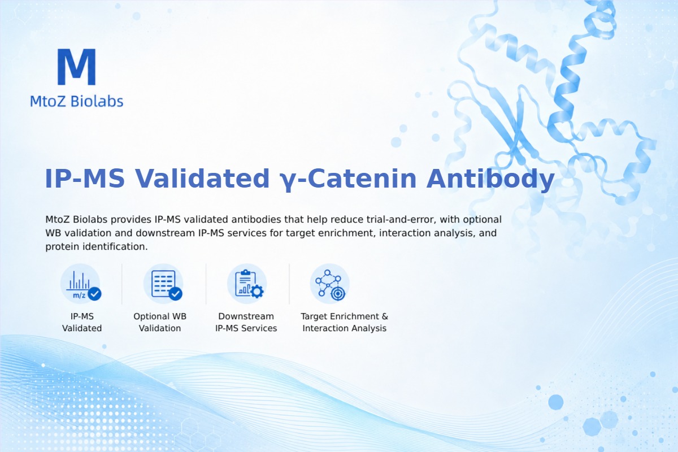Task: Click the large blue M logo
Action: pos(77,67)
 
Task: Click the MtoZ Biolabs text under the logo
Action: pos(77,101)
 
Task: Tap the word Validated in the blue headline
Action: pos(202,179)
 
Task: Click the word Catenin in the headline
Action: pos(362,179)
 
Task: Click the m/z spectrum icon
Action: pos(81,284)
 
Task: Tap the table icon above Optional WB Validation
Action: pos(163,284)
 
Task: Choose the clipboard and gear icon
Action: pos(247,284)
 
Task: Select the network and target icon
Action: pos(329,284)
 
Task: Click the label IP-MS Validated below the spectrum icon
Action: pos(82,322)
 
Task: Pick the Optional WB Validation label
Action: pos(160,322)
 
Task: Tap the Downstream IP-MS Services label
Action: pos(246,322)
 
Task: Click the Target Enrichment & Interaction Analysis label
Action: pos(345,322)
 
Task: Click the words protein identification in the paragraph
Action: pos(96,247)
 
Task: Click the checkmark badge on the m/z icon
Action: pos(94,294)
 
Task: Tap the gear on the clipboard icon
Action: pos(257,292)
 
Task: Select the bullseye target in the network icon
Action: pos(338,293)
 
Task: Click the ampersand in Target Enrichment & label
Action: pos(385,316)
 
